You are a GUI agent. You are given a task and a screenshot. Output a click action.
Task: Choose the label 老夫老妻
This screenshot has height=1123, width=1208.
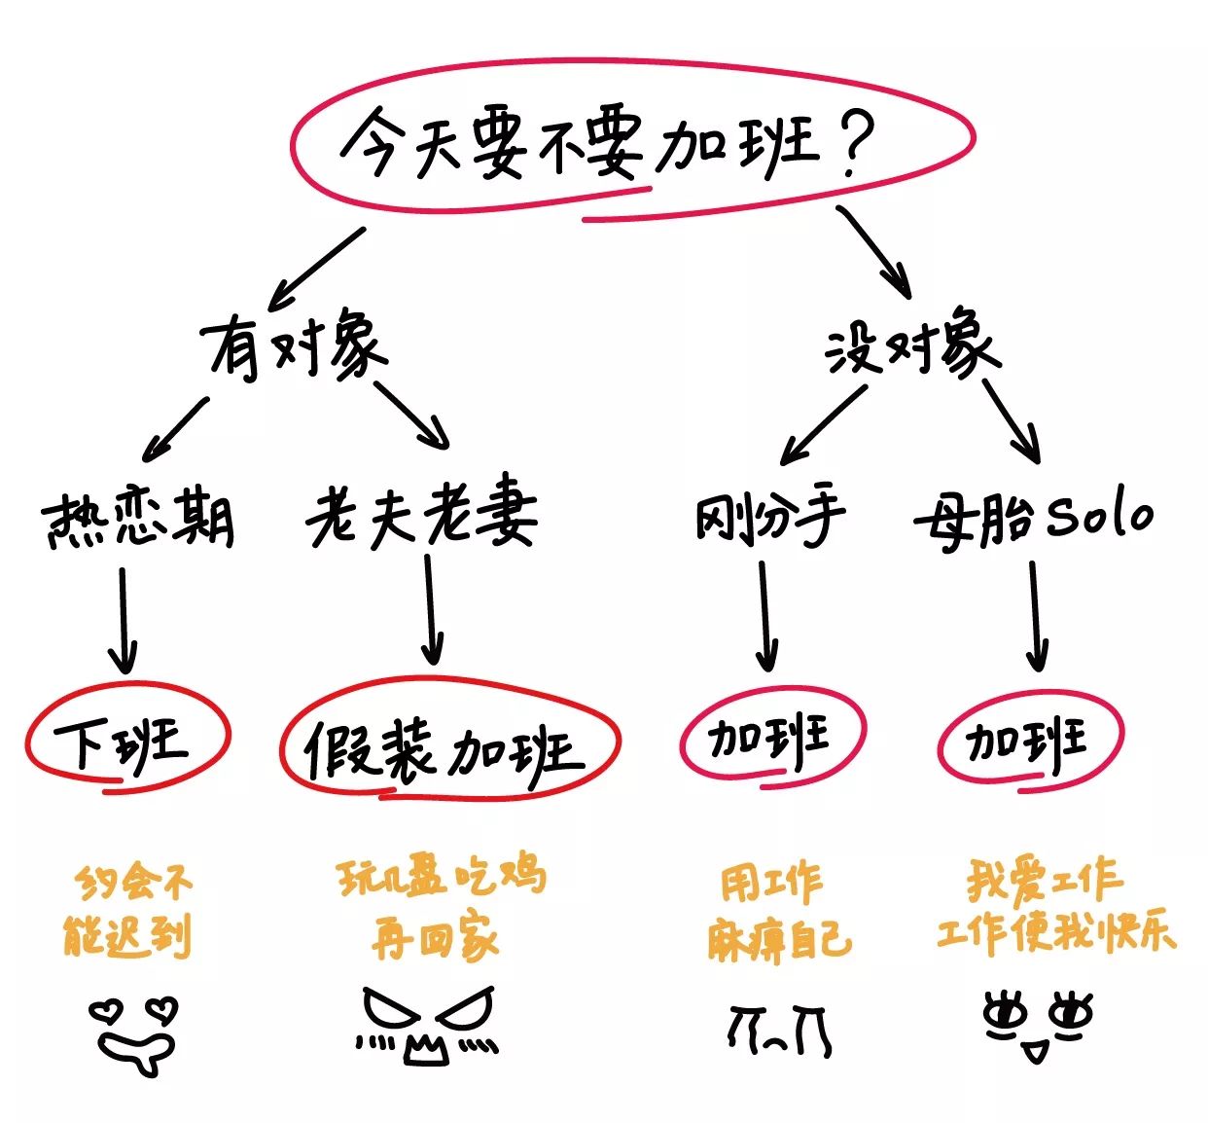click(x=421, y=513)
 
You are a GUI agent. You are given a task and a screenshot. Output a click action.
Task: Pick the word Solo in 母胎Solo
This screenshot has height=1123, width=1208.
click(x=1100, y=515)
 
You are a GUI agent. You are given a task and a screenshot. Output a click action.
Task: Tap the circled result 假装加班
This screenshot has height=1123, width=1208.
click(x=447, y=747)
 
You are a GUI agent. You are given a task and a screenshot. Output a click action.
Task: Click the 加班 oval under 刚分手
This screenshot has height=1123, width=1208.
click(x=770, y=738)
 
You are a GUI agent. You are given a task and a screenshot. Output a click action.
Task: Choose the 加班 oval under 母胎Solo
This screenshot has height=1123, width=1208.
click(x=1029, y=741)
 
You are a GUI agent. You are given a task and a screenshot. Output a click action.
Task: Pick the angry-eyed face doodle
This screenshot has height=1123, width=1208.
click(x=426, y=1024)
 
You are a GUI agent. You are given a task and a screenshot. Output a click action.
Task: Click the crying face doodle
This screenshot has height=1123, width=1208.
click(x=778, y=1030)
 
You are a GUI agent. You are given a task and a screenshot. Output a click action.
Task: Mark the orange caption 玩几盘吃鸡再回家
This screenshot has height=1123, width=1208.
click(x=440, y=907)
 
